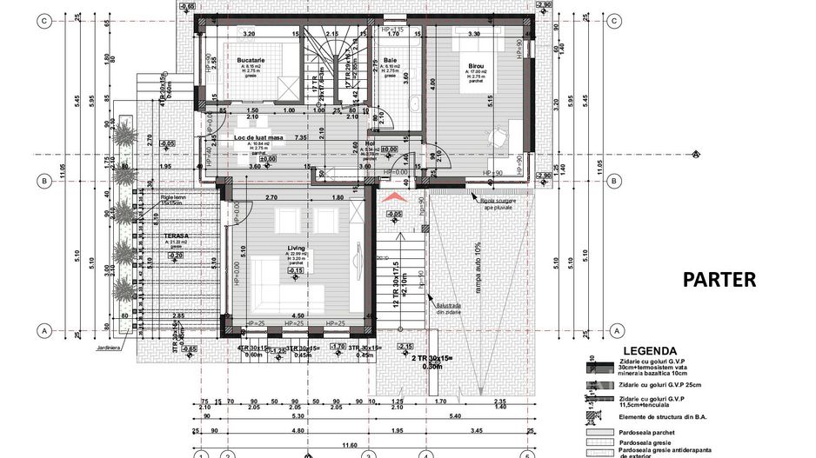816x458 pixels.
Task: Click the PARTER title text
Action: [x=719, y=280]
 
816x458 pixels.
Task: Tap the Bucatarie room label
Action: [x=251, y=60]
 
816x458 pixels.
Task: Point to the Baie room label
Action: [x=391, y=61]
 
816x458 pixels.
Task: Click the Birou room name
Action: [x=476, y=67]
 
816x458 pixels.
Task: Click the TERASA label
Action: [x=177, y=236]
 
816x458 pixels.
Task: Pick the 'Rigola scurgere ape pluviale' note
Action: [x=504, y=203]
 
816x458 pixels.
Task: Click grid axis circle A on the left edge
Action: [x=41, y=330]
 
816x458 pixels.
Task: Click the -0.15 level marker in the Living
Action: [x=297, y=270]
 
